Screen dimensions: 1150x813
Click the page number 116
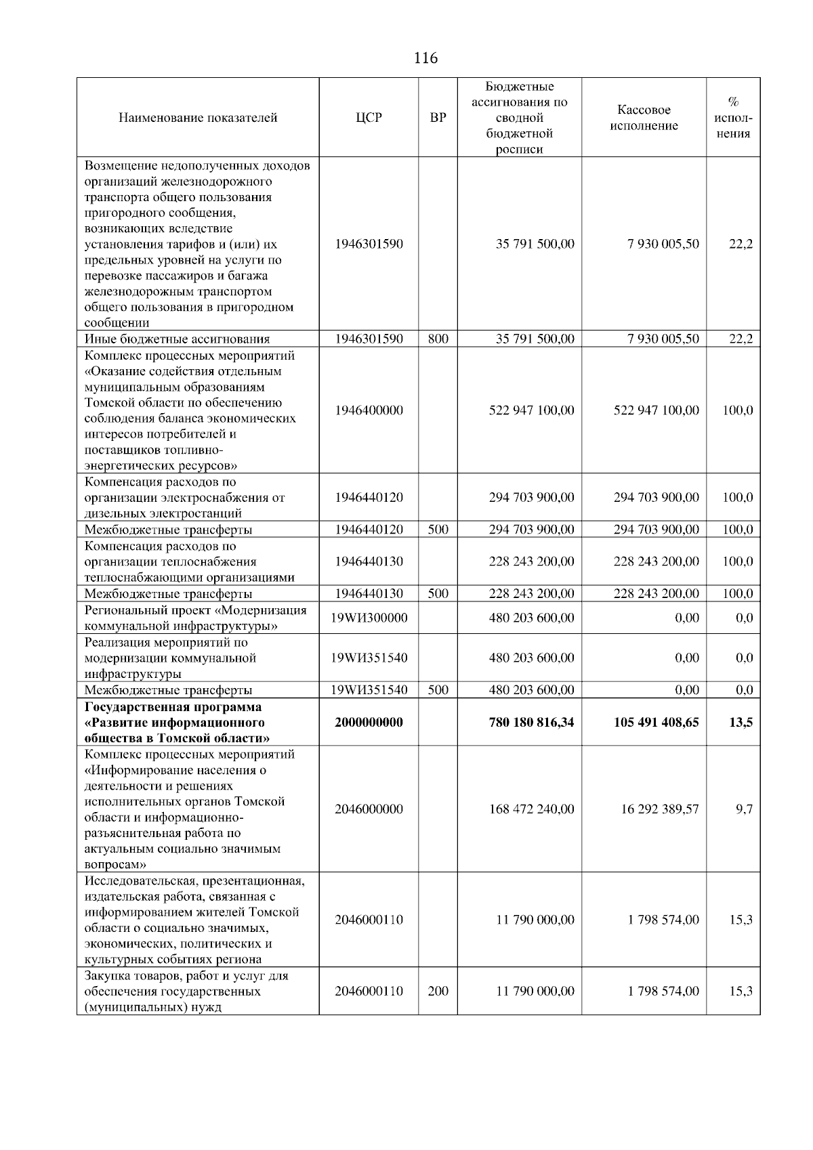425,58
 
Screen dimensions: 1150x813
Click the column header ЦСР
369,118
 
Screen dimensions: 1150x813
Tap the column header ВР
438,118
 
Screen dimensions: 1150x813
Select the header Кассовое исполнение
644,118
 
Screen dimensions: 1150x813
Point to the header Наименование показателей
198,118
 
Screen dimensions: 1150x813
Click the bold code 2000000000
369,723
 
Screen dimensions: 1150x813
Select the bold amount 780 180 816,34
531,723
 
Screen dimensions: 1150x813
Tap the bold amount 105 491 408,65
656,723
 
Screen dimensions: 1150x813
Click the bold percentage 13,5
741,723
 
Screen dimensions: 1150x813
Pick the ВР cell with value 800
438,339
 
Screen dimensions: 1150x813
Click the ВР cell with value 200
438,992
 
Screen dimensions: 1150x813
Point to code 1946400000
369,410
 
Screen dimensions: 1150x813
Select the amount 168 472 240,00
531,809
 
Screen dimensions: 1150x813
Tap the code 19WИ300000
369,618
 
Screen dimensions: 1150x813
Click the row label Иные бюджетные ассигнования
177,339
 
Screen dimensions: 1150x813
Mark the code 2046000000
369,809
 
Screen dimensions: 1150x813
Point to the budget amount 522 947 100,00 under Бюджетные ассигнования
531,410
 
